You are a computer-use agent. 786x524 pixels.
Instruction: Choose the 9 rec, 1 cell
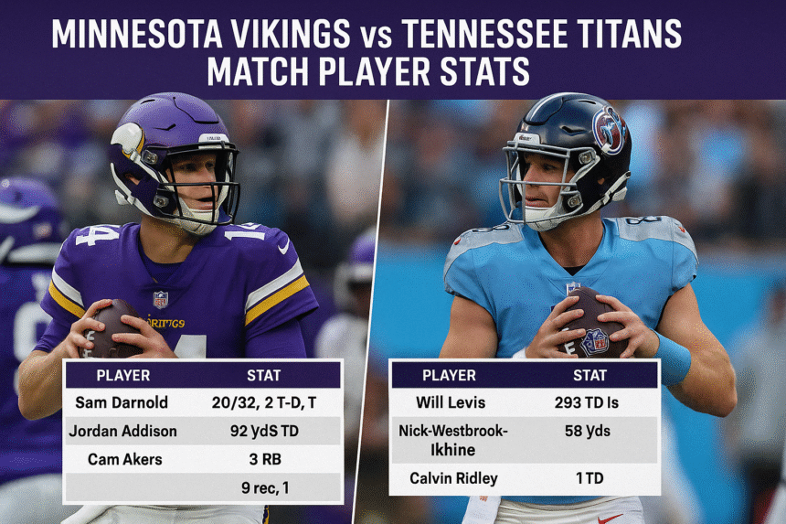[x=264, y=487]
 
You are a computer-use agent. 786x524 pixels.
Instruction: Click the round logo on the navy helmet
[x=609, y=131]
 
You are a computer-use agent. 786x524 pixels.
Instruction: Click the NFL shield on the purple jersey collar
[x=161, y=298]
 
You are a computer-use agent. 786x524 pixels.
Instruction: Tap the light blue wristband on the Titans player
[x=673, y=358]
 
